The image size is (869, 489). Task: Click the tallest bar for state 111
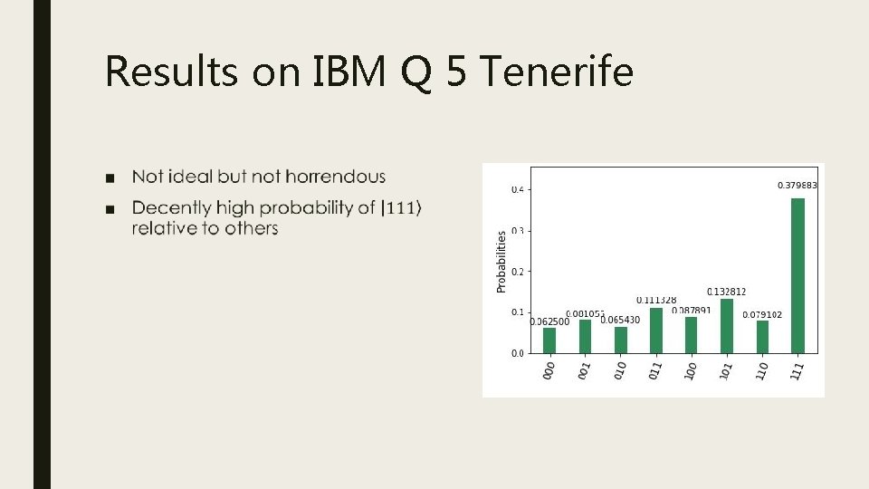pos(797,275)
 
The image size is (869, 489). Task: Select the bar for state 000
pos(549,340)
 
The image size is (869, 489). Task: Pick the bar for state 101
pos(727,326)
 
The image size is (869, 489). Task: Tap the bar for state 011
pos(656,331)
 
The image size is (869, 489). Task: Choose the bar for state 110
pos(762,337)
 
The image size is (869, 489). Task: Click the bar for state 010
pos(621,340)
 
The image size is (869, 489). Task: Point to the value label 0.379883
pos(797,186)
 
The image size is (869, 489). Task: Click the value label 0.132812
pos(726,292)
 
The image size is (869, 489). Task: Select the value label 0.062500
pos(549,321)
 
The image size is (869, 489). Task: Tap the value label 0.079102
pos(762,314)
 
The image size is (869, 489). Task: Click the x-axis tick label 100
pos(692,370)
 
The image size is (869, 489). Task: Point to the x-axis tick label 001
pos(585,370)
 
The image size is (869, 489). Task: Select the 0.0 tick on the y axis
pos(518,353)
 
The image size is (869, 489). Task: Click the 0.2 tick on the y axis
pos(518,271)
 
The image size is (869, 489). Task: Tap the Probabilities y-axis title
pos(501,260)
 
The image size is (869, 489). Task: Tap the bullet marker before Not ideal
pos(110,177)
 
